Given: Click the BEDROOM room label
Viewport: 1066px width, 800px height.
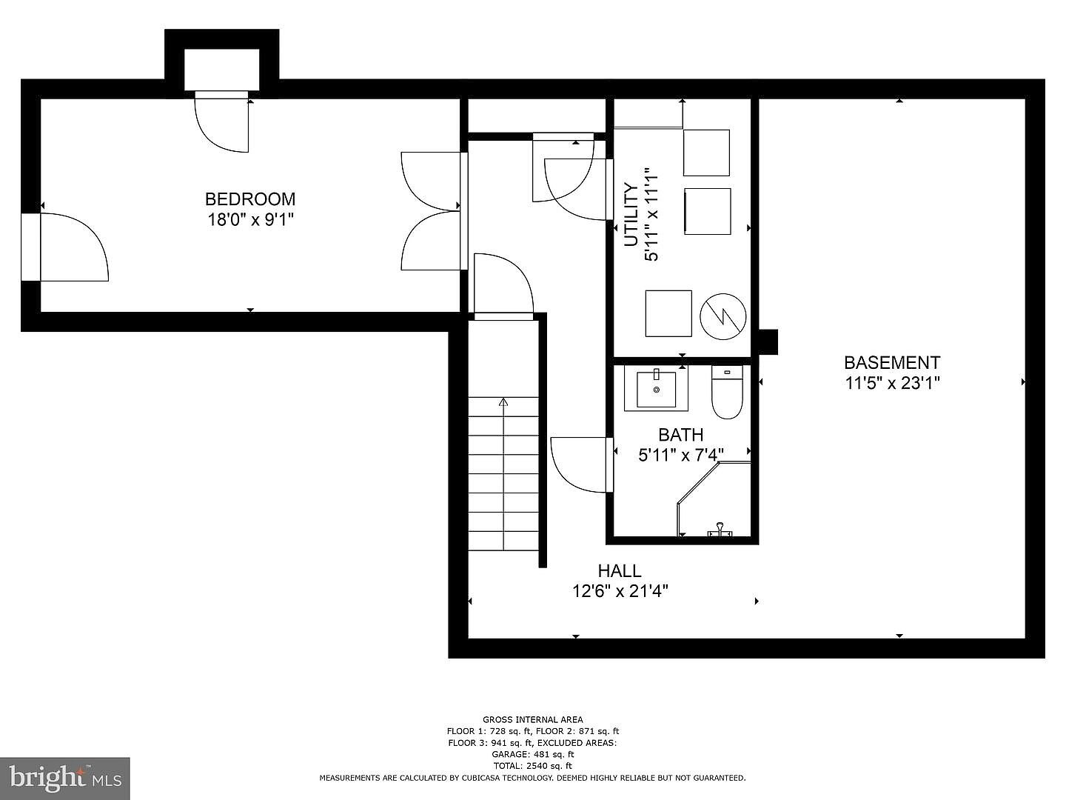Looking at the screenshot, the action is (250, 199).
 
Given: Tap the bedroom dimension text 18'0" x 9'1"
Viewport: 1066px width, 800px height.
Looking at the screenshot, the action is (251, 220).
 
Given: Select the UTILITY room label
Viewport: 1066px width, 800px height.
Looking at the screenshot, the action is (631, 215).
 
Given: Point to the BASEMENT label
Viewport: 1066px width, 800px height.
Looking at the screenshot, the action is (892, 363).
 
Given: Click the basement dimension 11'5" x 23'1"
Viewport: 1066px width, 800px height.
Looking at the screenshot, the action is (893, 383).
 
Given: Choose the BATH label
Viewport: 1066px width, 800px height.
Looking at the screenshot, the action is (681, 435).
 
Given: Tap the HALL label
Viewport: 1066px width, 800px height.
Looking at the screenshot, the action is (620, 570).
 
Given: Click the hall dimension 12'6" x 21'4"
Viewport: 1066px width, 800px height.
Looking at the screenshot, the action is (620, 591).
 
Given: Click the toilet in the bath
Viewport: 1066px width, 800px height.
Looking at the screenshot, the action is (727, 392).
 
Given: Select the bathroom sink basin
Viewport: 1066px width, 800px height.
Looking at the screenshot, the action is (656, 389).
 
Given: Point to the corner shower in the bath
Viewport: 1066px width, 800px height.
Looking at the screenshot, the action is (714, 499).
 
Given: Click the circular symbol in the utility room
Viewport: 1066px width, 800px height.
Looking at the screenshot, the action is (723, 317).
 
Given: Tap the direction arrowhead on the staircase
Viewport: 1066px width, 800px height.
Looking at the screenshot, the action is (503, 402).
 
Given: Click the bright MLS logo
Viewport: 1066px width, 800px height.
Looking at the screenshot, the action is (65, 778).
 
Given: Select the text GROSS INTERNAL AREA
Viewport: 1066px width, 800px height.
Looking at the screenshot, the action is (533, 719).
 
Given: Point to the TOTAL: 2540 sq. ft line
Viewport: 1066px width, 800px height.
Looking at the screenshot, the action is (533, 766).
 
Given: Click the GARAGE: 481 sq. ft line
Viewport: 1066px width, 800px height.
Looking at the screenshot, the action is (533, 754).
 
